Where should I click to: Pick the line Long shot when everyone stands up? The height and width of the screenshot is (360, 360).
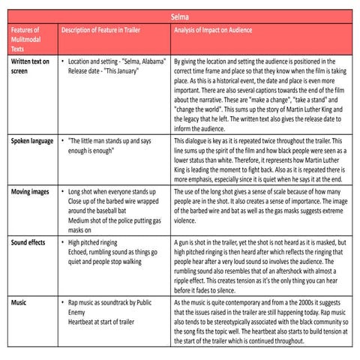tap(117, 193)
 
